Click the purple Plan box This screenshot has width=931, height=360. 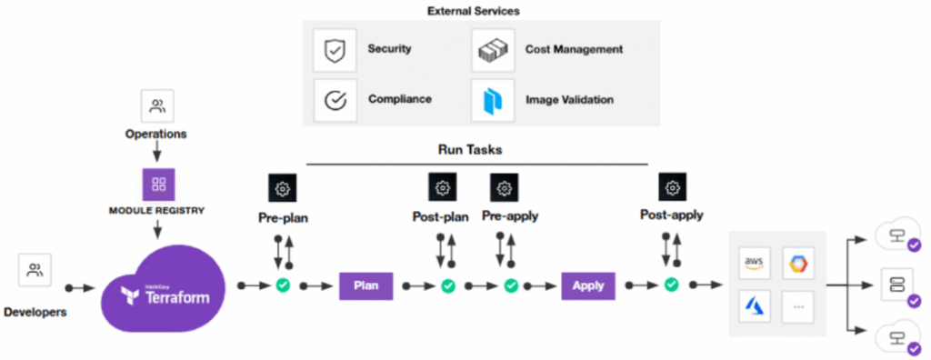(x=365, y=286)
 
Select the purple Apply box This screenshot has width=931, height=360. (x=587, y=286)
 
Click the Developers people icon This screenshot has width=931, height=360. (x=35, y=270)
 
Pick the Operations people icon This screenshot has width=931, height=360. (x=157, y=106)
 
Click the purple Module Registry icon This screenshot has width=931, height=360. (x=158, y=185)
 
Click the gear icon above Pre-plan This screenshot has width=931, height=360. (x=283, y=188)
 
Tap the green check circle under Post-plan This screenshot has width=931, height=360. (x=447, y=286)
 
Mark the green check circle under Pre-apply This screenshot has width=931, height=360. (x=511, y=286)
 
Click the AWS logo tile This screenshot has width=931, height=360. (x=755, y=263)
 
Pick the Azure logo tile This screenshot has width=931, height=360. (x=755, y=306)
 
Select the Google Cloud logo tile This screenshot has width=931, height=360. (x=798, y=263)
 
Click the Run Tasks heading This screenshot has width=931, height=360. (x=477, y=147)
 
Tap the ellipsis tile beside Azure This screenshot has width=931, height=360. (x=798, y=306)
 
